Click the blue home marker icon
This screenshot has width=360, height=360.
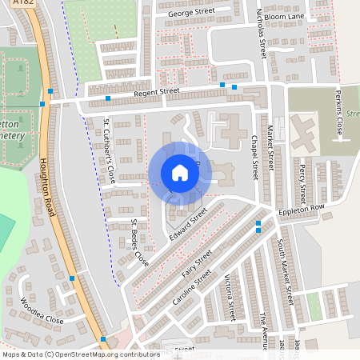(x=180, y=173)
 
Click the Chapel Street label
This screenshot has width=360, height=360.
(x=255, y=157)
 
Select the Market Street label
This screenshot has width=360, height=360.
(x=271, y=152)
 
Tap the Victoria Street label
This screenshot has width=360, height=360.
(x=230, y=295)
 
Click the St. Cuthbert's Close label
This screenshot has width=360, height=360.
(x=111, y=152)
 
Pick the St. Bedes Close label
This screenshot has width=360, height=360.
(x=139, y=242)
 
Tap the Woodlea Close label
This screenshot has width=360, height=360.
(x=42, y=310)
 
